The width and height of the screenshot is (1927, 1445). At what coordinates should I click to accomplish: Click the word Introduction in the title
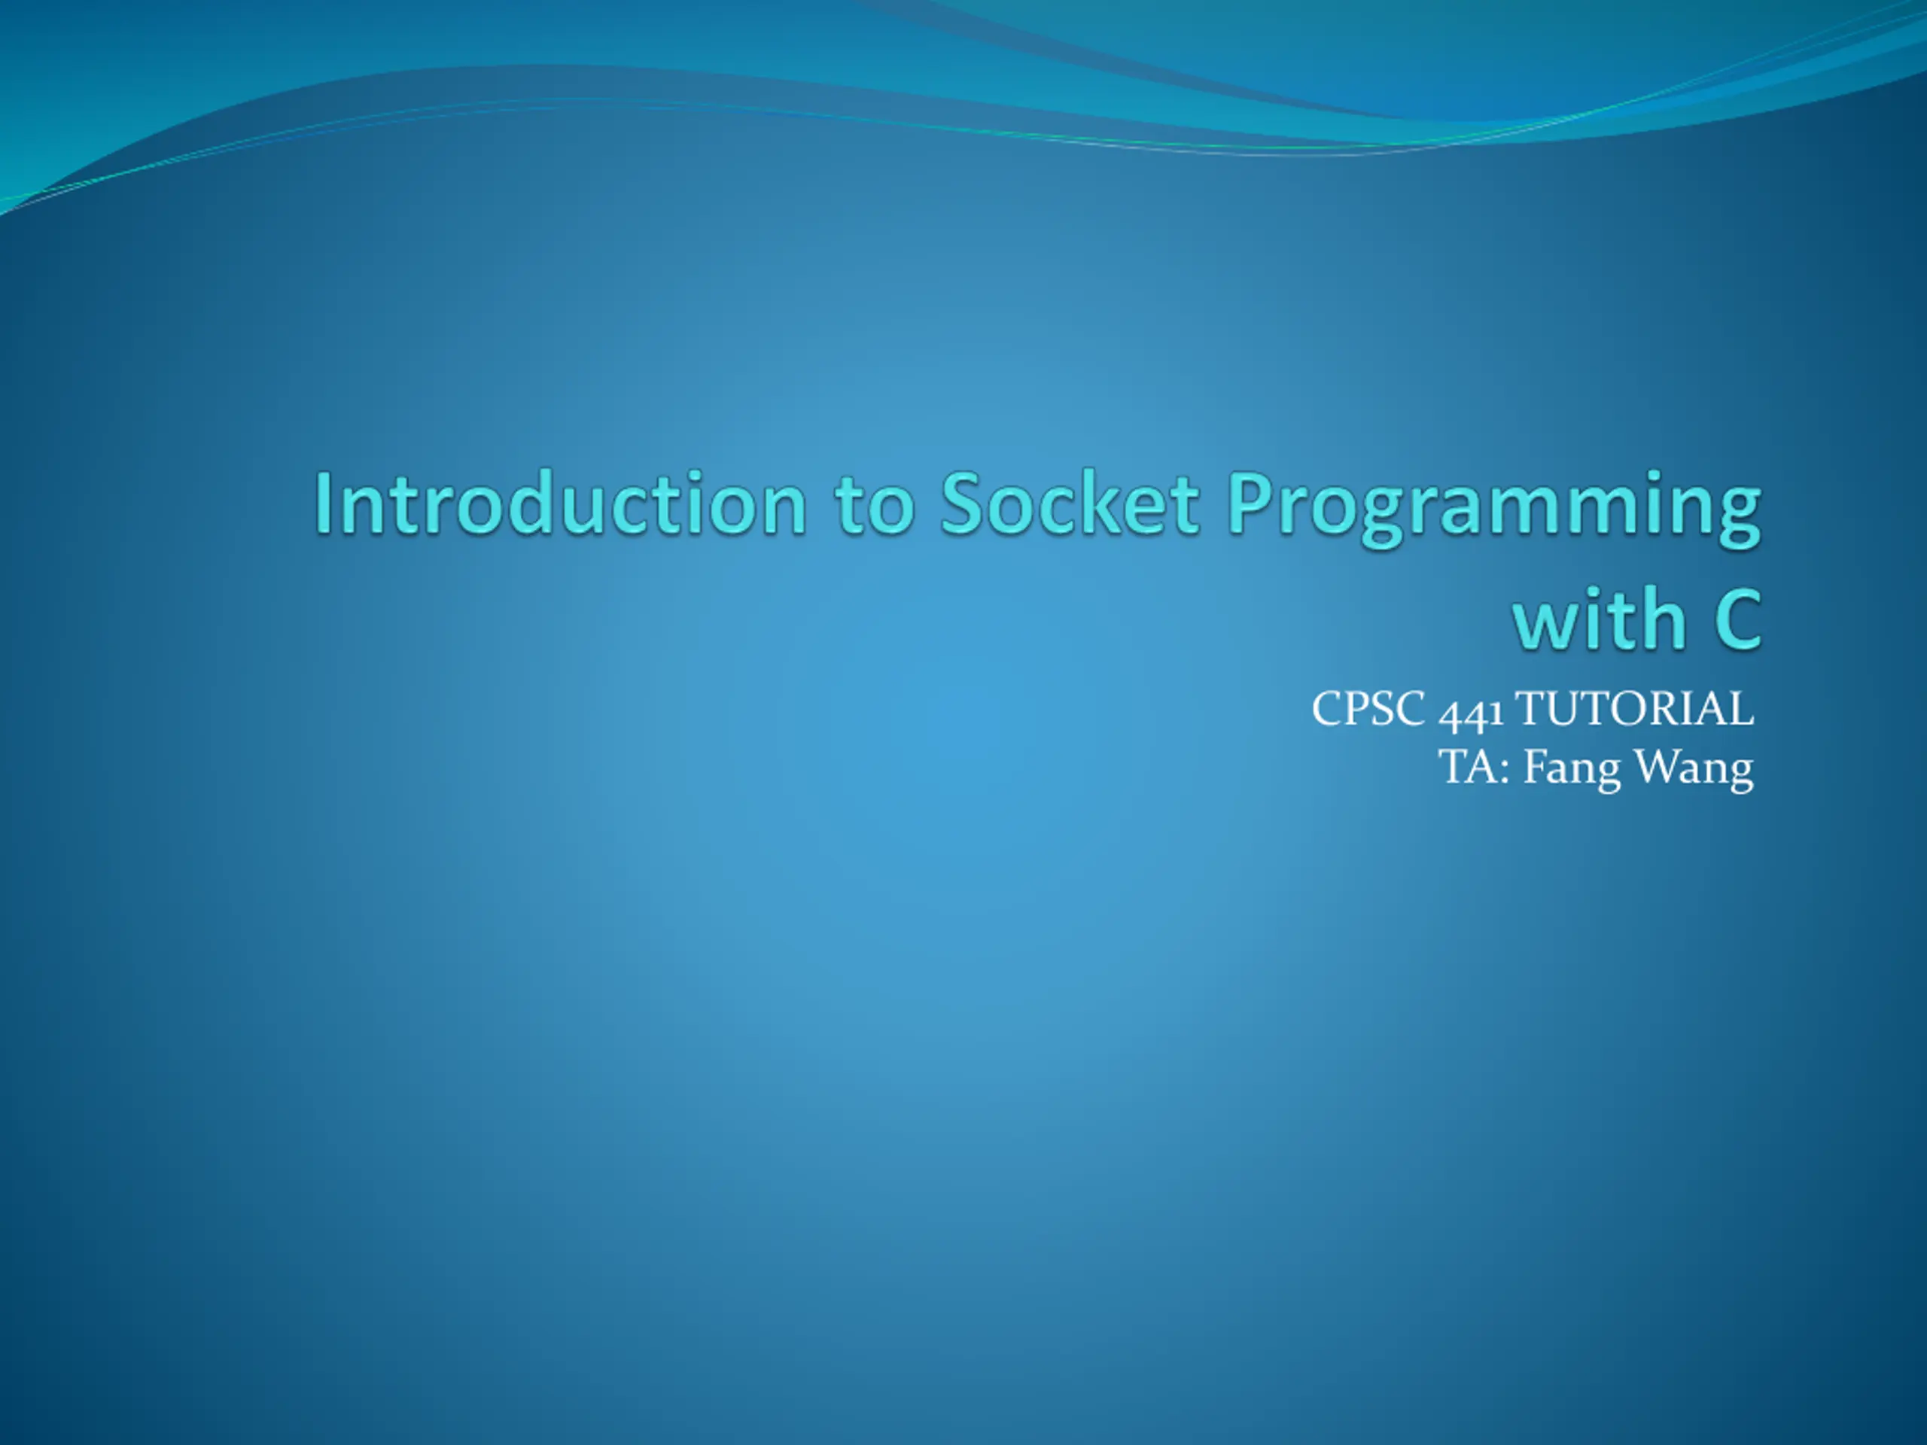pos(560,503)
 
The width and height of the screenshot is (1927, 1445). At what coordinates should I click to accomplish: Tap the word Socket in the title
pos(1070,503)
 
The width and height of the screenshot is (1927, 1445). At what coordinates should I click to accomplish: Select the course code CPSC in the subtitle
pos(1368,708)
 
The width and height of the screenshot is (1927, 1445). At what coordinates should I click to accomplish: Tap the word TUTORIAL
pos(1634,708)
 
